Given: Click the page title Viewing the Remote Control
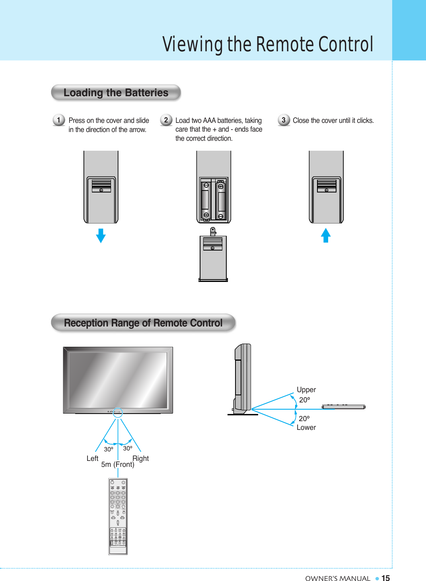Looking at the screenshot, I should [268, 44].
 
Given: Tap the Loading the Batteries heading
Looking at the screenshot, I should [116, 93].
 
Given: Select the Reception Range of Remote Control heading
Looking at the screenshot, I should [143, 323].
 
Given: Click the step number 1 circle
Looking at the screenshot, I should [59, 120].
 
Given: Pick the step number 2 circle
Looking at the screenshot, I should [166, 120].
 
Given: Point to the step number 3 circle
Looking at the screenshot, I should [284, 120].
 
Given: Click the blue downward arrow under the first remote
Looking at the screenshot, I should [101, 235].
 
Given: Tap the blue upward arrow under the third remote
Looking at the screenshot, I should [326, 235].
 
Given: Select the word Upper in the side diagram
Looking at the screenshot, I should [306, 390].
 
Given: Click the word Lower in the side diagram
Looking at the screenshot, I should [306, 427].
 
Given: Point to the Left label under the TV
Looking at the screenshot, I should [92, 459].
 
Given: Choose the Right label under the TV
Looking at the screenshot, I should [140, 459].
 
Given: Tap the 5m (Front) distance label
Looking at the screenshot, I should [118, 464].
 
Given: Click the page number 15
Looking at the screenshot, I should [385, 578].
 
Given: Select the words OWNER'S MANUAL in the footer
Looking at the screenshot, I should [338, 579].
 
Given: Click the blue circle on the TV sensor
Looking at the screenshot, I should [118, 412].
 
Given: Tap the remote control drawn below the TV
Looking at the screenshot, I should [118, 516].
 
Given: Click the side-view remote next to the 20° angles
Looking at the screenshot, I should [343, 407].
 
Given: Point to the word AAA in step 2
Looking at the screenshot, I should [209, 120].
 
